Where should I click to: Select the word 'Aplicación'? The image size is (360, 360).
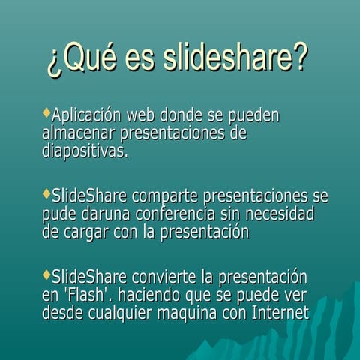[x=86, y=116]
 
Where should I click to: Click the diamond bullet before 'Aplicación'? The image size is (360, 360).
[x=46, y=113]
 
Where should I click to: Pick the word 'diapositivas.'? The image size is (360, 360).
[x=85, y=151]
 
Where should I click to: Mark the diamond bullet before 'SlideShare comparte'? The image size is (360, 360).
[x=46, y=194]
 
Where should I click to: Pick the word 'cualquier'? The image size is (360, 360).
[x=124, y=313]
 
